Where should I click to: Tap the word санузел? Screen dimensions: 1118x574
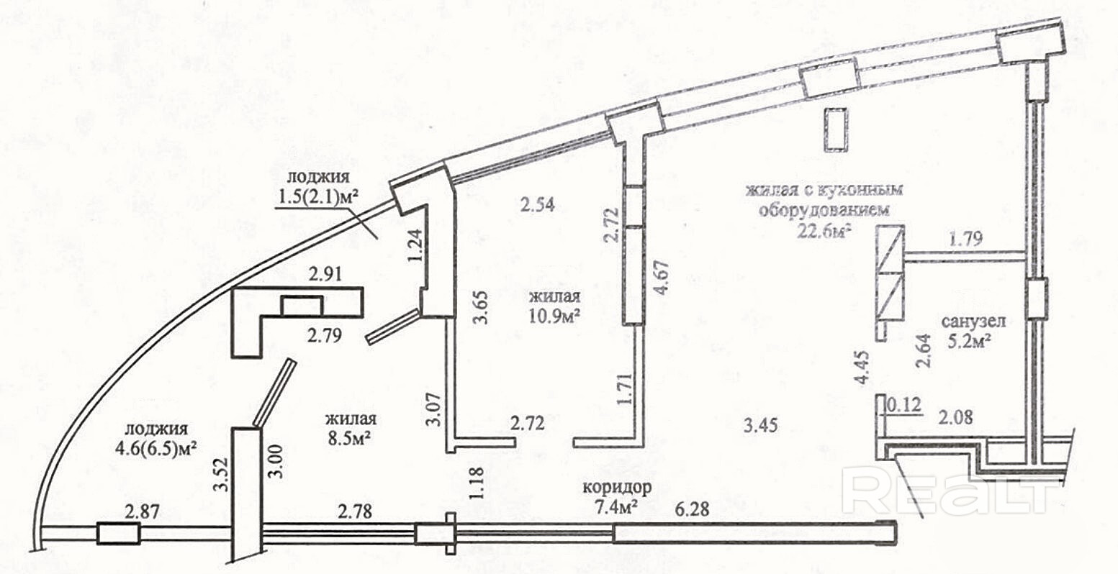pyautogui.click(x=973, y=321)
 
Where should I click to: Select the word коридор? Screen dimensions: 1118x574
pyautogui.click(x=618, y=486)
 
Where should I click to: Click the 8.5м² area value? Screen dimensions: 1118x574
pyautogui.click(x=348, y=438)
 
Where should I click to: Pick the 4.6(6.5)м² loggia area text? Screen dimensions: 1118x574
pyautogui.click(x=155, y=447)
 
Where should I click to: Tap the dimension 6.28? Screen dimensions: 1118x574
pyautogui.click(x=691, y=509)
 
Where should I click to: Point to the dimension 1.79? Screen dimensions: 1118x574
pyautogui.click(x=965, y=238)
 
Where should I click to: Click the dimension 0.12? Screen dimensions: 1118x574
pyautogui.click(x=904, y=405)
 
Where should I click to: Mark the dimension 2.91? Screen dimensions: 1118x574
pyautogui.click(x=325, y=274)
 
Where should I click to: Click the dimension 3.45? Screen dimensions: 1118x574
pyautogui.click(x=760, y=425)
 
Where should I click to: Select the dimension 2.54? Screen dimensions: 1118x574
pyautogui.click(x=537, y=205)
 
